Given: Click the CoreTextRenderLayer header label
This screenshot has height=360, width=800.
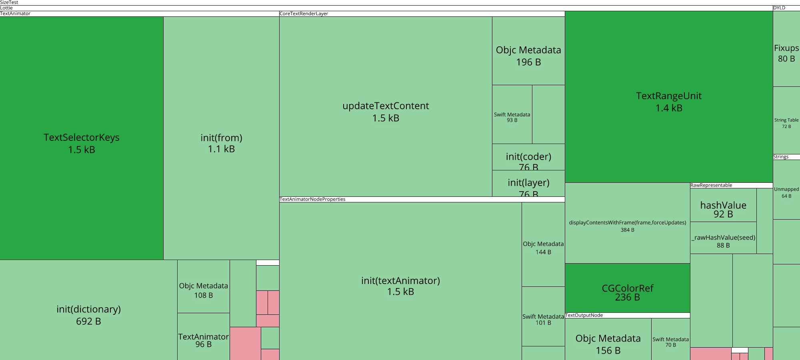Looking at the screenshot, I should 304,14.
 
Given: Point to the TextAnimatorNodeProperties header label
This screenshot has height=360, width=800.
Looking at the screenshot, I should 312,200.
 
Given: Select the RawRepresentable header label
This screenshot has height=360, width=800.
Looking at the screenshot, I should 711,186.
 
